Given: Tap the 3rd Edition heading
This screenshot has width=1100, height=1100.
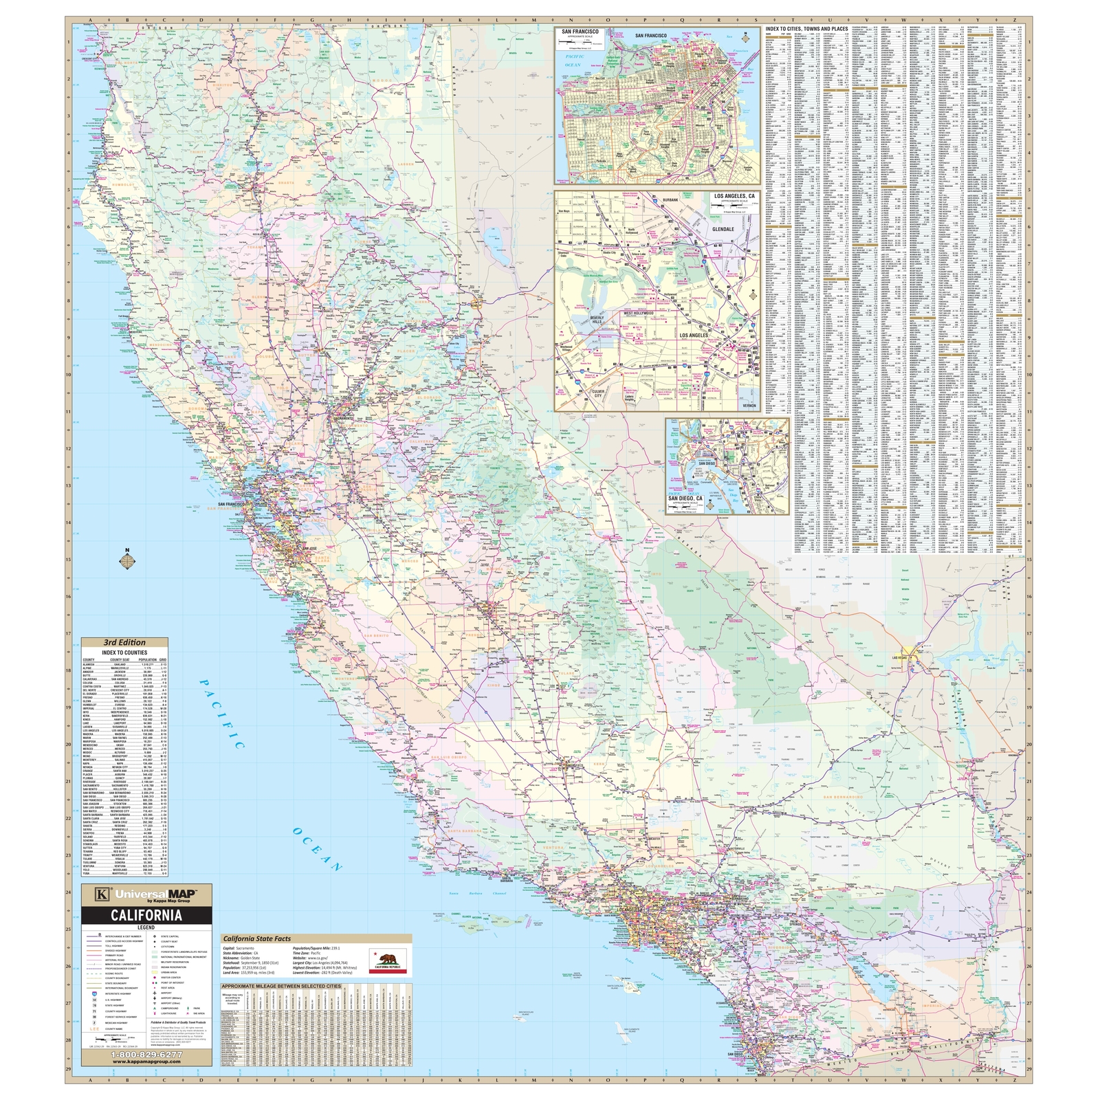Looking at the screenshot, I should point(124,643).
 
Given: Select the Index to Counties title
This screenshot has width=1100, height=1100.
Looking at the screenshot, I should point(124,652).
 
